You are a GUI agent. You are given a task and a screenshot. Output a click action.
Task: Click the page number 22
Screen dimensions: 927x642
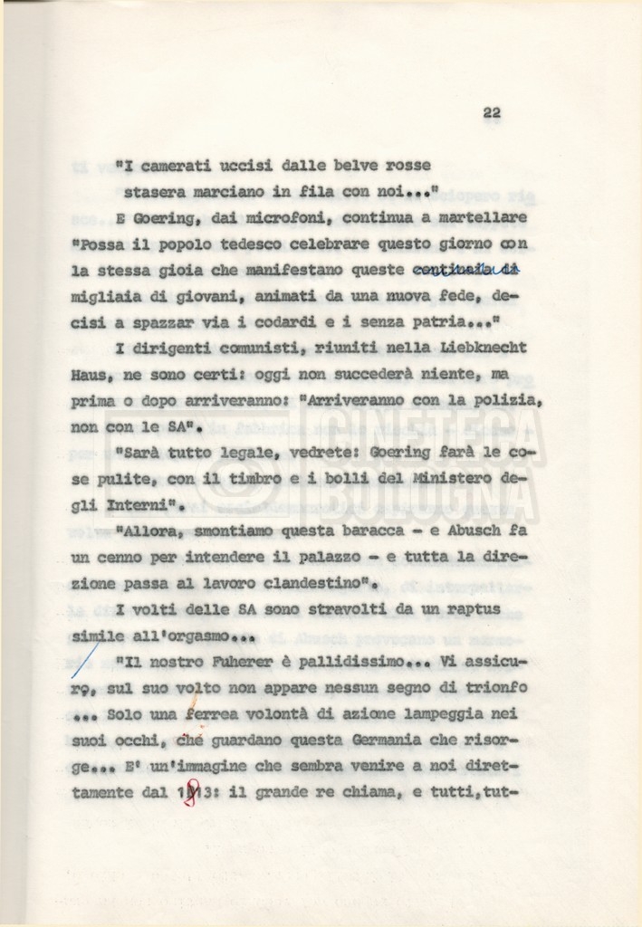pyautogui.click(x=492, y=112)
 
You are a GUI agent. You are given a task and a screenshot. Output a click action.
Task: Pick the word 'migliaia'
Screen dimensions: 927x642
pyautogui.click(x=102, y=296)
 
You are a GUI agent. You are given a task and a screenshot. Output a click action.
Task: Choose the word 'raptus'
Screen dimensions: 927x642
pyautogui.click(x=467, y=609)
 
